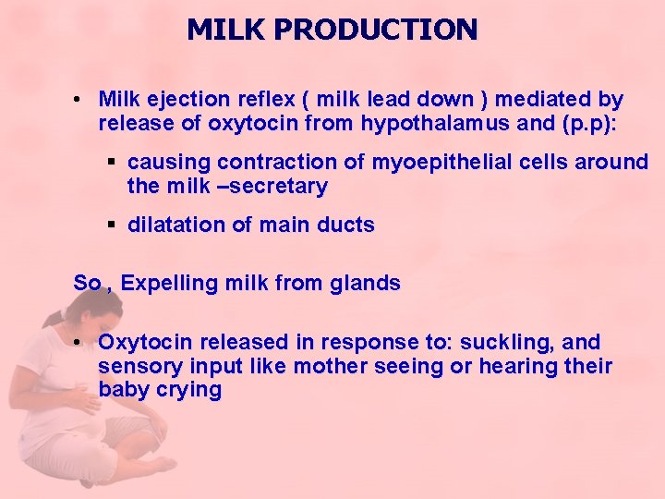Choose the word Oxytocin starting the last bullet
click(x=143, y=342)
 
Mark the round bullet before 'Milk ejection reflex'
click(x=81, y=99)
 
